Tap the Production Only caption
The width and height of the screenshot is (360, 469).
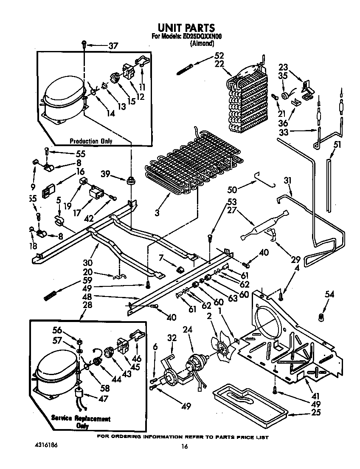coord(90,141)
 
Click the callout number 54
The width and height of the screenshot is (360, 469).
coord(329,294)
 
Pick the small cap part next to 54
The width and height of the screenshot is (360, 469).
coord(321,316)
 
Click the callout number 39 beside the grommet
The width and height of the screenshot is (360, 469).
coord(107,173)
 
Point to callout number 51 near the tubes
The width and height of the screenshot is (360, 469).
coord(337,144)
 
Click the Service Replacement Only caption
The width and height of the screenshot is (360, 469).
coord(81,422)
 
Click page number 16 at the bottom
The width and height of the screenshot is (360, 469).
coord(184,446)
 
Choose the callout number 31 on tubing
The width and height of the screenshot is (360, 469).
coord(288,181)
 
